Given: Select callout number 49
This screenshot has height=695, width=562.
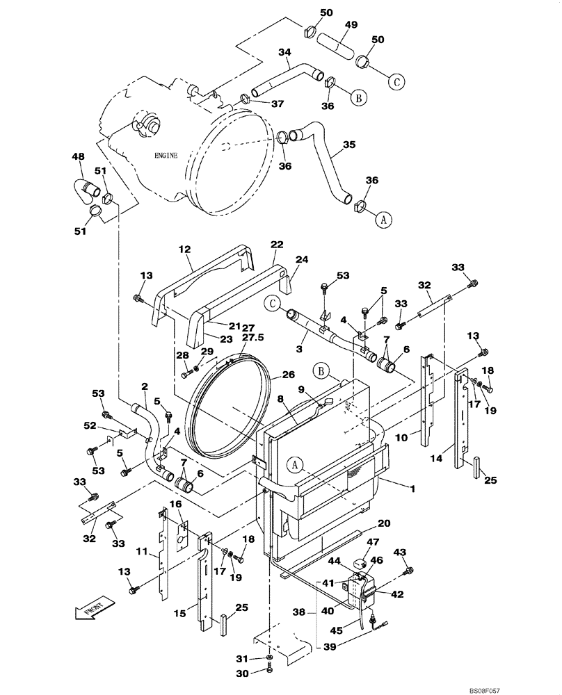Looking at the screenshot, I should click(x=351, y=25).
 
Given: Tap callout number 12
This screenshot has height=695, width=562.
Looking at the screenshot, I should click(x=184, y=248).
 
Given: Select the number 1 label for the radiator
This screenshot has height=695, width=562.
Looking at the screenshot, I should click(x=412, y=489).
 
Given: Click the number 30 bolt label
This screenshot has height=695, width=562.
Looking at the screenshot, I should click(x=241, y=672).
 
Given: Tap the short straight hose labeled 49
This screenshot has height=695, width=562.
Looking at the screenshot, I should click(x=337, y=49).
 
